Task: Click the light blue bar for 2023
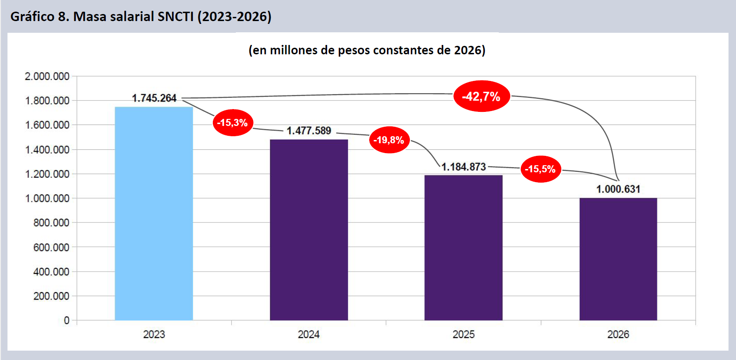tap(154, 213)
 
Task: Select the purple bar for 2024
tap(309, 230)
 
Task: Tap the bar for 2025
tap(463, 248)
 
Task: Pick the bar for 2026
tap(618, 259)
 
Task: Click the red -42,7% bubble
tap(481, 96)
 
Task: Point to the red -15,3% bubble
tap(233, 123)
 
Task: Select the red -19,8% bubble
tap(389, 140)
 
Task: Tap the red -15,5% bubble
tap(540, 169)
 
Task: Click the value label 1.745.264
tap(154, 98)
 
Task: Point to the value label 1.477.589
tap(309, 131)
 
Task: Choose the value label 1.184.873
tap(464, 167)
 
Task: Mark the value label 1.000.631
tap(618, 189)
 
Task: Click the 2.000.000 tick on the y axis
tap(47, 76)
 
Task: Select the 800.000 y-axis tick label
tap(51, 223)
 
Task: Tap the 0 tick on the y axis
tap(66, 321)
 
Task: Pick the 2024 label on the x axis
tap(309, 334)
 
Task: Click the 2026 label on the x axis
tap(618, 334)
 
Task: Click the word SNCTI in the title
tap(175, 17)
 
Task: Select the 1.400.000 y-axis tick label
tap(47, 150)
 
